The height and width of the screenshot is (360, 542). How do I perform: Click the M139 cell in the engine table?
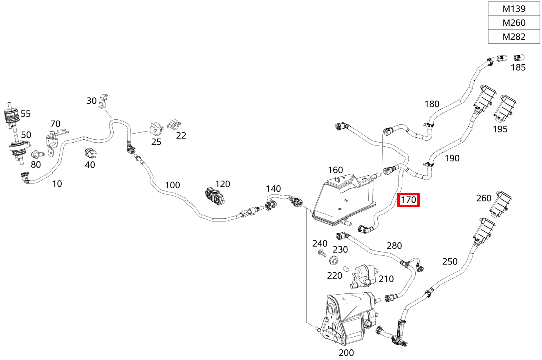click(514, 9)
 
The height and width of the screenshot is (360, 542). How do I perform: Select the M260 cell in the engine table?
click(514, 23)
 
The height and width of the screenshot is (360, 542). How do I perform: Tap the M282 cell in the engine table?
click(514, 37)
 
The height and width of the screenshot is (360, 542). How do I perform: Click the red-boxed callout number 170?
click(408, 200)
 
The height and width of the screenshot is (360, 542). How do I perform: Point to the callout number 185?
click(518, 67)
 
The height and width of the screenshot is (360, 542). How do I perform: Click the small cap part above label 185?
click(519, 58)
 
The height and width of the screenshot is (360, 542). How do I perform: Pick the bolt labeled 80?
click(38, 154)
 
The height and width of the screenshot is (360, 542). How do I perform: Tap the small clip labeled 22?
click(174, 124)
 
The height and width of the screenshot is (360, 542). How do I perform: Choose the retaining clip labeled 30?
click(103, 101)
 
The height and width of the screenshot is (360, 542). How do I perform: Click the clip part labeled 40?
click(90, 153)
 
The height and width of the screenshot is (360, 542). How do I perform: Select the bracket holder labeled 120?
click(215, 196)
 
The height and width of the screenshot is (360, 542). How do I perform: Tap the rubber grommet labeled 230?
click(334, 260)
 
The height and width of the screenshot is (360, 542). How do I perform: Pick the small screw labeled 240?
click(322, 253)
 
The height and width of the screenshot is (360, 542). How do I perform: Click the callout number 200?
click(346, 353)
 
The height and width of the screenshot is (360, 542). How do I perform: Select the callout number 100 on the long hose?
click(172, 186)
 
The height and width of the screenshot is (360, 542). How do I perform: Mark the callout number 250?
click(450, 262)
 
